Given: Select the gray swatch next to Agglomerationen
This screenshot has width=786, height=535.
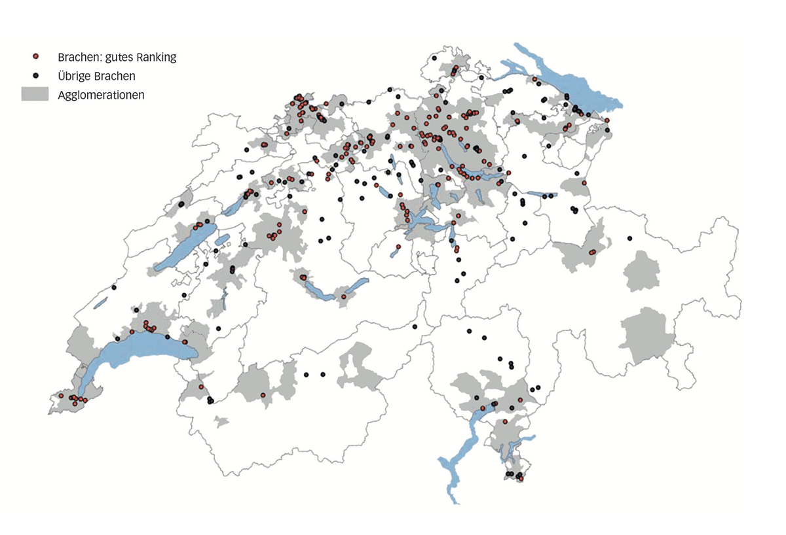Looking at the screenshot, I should tap(35, 94).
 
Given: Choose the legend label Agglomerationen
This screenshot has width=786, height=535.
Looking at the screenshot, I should tap(101, 95).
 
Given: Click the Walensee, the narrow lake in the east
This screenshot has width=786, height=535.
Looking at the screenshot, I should tap(541, 194).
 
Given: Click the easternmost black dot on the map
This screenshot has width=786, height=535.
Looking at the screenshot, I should tap(630, 238).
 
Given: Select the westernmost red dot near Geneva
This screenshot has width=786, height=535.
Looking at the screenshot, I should tap(61, 396).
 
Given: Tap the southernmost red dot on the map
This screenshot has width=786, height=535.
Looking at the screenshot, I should tap(521, 479).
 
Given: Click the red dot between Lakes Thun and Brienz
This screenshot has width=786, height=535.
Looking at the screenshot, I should tap(343, 297).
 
